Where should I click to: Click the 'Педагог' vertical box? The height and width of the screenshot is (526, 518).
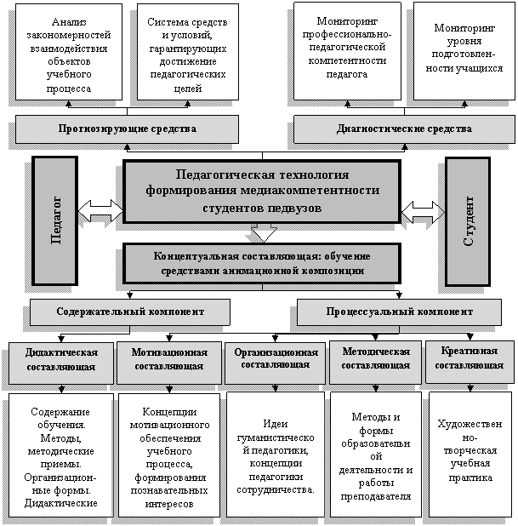pos(55,220)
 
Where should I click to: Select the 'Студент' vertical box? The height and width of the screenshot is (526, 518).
pos(468,221)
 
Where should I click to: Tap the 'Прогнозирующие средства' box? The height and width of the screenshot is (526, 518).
pos(127,129)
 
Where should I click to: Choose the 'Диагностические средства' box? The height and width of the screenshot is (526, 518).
pos(404,129)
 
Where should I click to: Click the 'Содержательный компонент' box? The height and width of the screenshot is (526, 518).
pos(130,312)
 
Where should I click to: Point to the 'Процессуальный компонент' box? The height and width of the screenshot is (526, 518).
pos(399,312)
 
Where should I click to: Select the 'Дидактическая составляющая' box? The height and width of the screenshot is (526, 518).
pos(61,363)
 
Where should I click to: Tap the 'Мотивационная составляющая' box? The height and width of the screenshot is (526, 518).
pos(169,363)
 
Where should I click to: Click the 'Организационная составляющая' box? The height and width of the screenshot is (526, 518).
pos(276,363)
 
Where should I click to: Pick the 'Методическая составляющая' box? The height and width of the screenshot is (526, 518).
pos(375,363)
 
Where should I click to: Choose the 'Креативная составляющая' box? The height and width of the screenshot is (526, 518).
pos(470,362)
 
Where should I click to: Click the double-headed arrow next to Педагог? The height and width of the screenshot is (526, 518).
pos(100,211)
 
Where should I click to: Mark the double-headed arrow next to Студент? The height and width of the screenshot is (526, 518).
pos(423,212)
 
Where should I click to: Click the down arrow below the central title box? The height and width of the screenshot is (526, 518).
pos(264,233)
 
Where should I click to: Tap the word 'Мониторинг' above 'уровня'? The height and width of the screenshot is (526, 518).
pos(464,28)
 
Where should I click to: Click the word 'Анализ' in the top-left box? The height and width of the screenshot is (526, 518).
pos(69,22)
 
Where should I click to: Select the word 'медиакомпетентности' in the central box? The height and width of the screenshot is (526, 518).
pos(310,191)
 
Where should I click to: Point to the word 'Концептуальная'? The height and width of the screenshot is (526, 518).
pos(196,256)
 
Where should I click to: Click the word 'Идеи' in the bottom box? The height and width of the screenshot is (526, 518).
pos(276,424)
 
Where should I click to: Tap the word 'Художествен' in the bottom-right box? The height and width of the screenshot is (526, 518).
pos(470,424)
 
